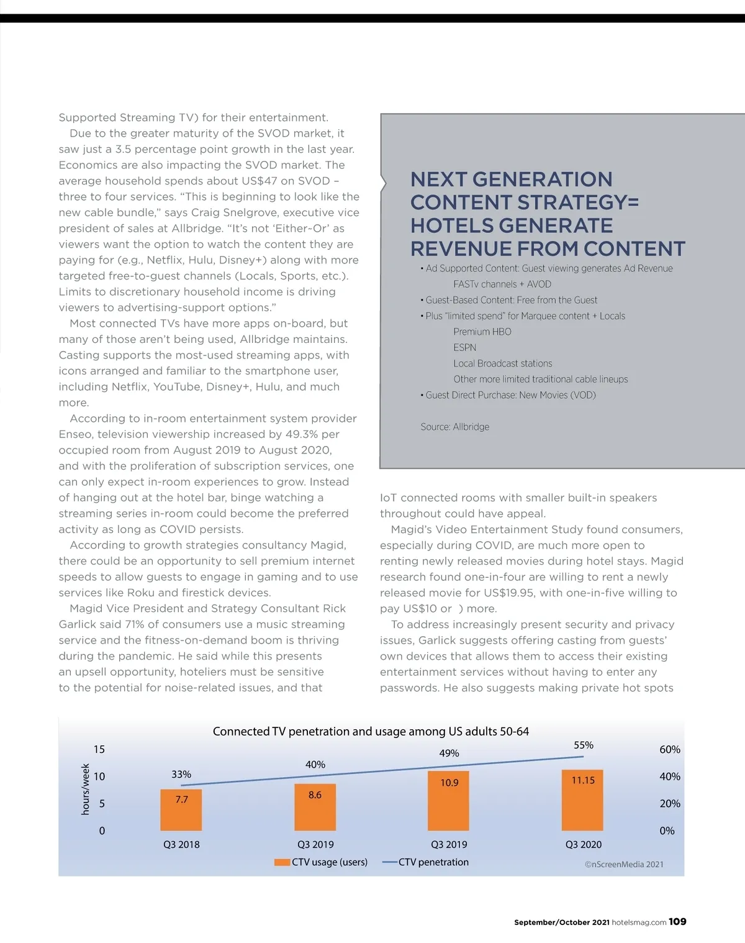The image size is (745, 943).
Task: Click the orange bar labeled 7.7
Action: (x=181, y=809)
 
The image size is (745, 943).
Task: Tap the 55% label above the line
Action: (x=583, y=745)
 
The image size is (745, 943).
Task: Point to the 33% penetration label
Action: (x=181, y=774)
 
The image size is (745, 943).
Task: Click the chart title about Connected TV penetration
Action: (x=371, y=731)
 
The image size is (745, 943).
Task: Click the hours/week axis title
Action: (x=86, y=789)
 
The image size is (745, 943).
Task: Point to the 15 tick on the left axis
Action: (x=99, y=749)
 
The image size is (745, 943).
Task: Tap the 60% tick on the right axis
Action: (x=669, y=749)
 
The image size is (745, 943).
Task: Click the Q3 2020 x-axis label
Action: (x=583, y=844)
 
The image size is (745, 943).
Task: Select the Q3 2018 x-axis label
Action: (x=181, y=844)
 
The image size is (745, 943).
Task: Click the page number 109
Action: (x=677, y=922)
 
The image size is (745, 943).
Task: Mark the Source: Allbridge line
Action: (x=454, y=427)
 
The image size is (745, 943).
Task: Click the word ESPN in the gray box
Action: (x=464, y=347)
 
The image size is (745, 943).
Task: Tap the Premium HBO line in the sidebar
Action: (x=482, y=332)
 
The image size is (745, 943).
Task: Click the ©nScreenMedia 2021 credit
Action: (x=624, y=864)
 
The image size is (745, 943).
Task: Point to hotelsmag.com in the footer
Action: (x=639, y=922)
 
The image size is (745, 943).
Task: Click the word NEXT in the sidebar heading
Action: (x=438, y=180)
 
